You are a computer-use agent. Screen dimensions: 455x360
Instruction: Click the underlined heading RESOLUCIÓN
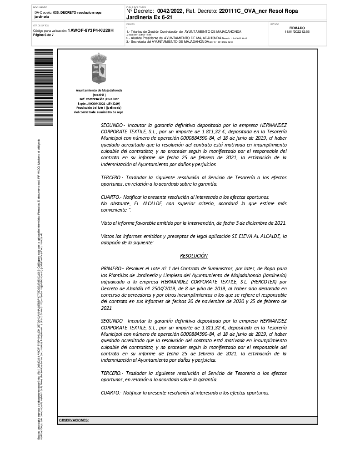click(194, 256)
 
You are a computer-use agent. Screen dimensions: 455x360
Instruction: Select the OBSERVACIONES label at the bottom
click(74, 420)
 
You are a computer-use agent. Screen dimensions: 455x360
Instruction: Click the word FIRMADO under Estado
click(297, 28)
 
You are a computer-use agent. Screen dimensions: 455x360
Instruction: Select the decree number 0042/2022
click(169, 11)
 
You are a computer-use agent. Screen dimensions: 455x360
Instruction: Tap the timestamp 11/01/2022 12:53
click(297, 32)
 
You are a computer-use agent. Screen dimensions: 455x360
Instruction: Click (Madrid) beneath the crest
click(99, 95)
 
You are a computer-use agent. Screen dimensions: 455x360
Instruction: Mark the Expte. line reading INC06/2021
click(99, 103)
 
